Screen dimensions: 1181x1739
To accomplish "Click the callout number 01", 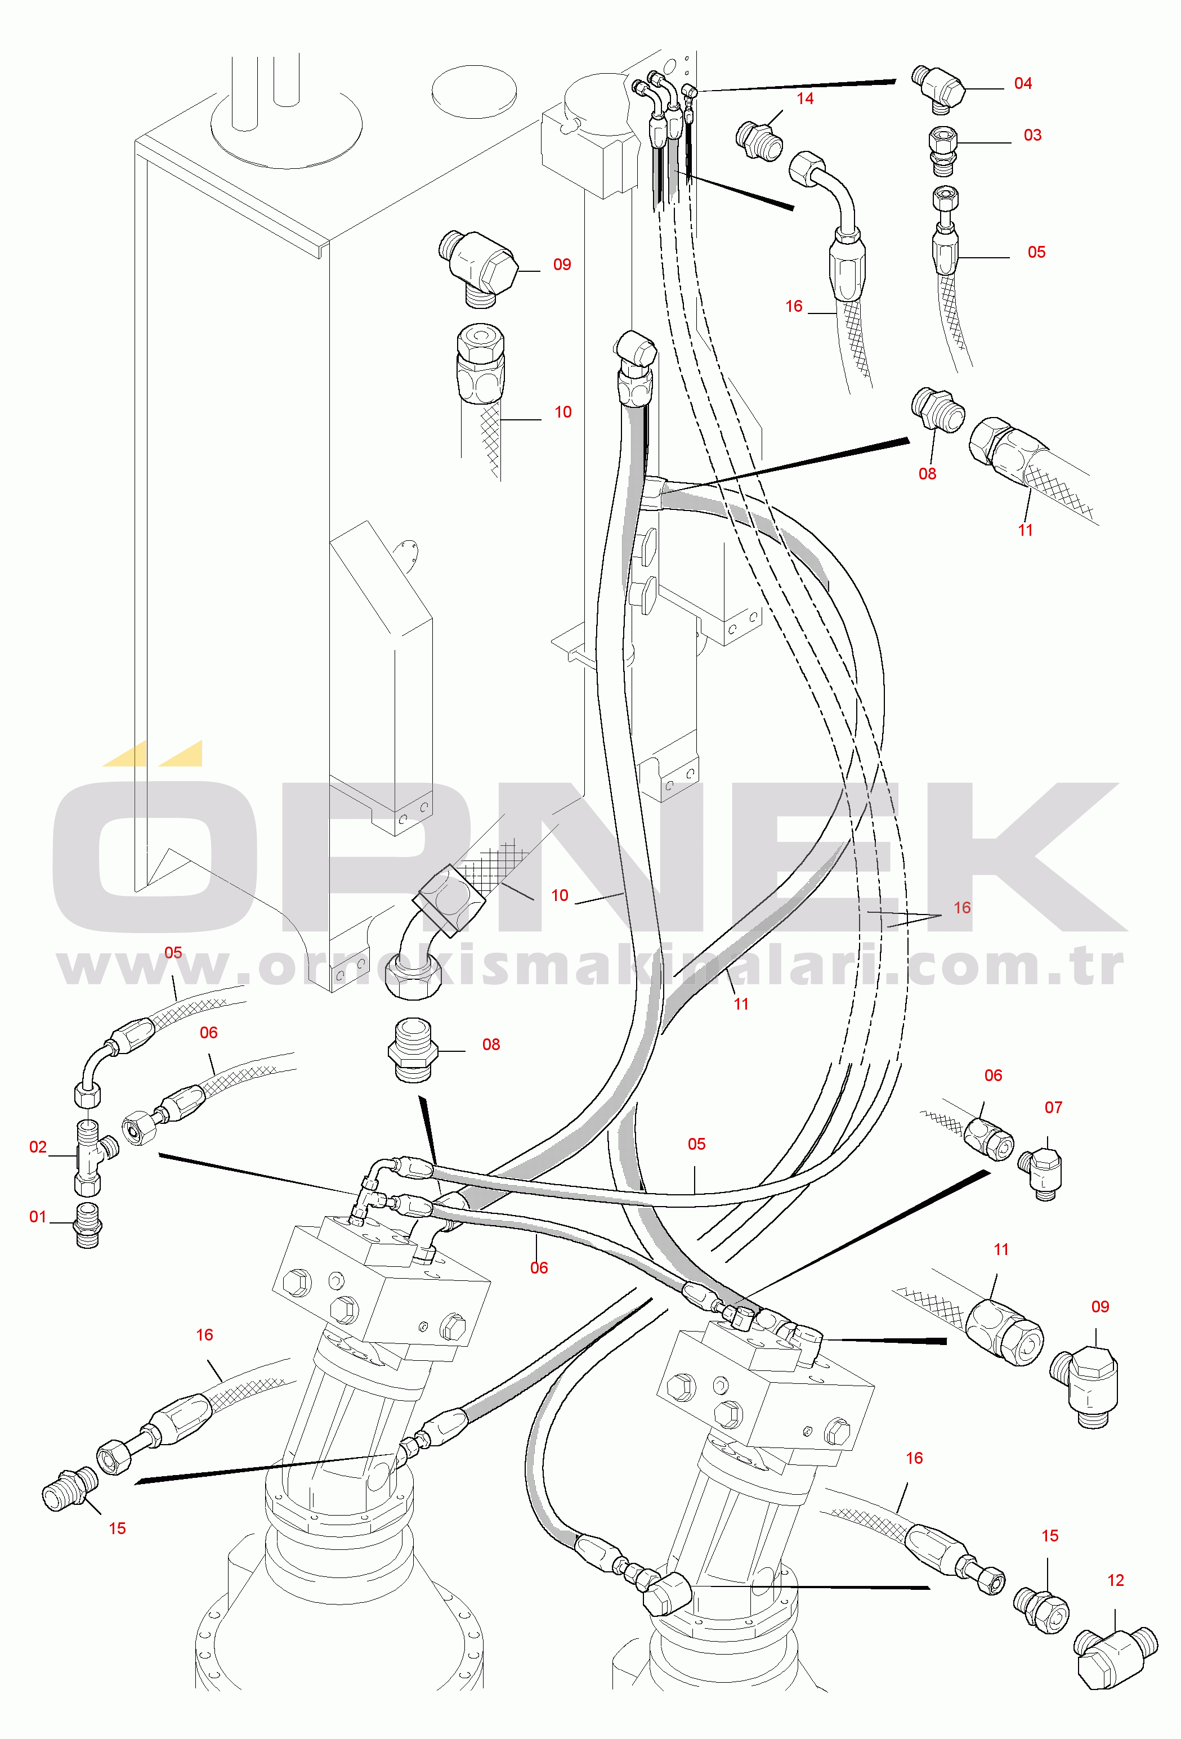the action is click(37, 1217).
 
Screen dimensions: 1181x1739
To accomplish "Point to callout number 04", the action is click(1022, 84).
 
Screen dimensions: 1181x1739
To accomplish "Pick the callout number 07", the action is click(1053, 1108).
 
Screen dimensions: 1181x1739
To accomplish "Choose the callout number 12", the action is click(1115, 1580).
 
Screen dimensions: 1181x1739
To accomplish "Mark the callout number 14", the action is click(804, 99).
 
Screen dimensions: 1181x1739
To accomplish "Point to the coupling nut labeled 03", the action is click(943, 150).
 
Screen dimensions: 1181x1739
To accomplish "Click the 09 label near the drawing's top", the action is click(562, 265).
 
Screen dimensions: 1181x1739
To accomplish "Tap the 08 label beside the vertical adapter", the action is click(491, 1045).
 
